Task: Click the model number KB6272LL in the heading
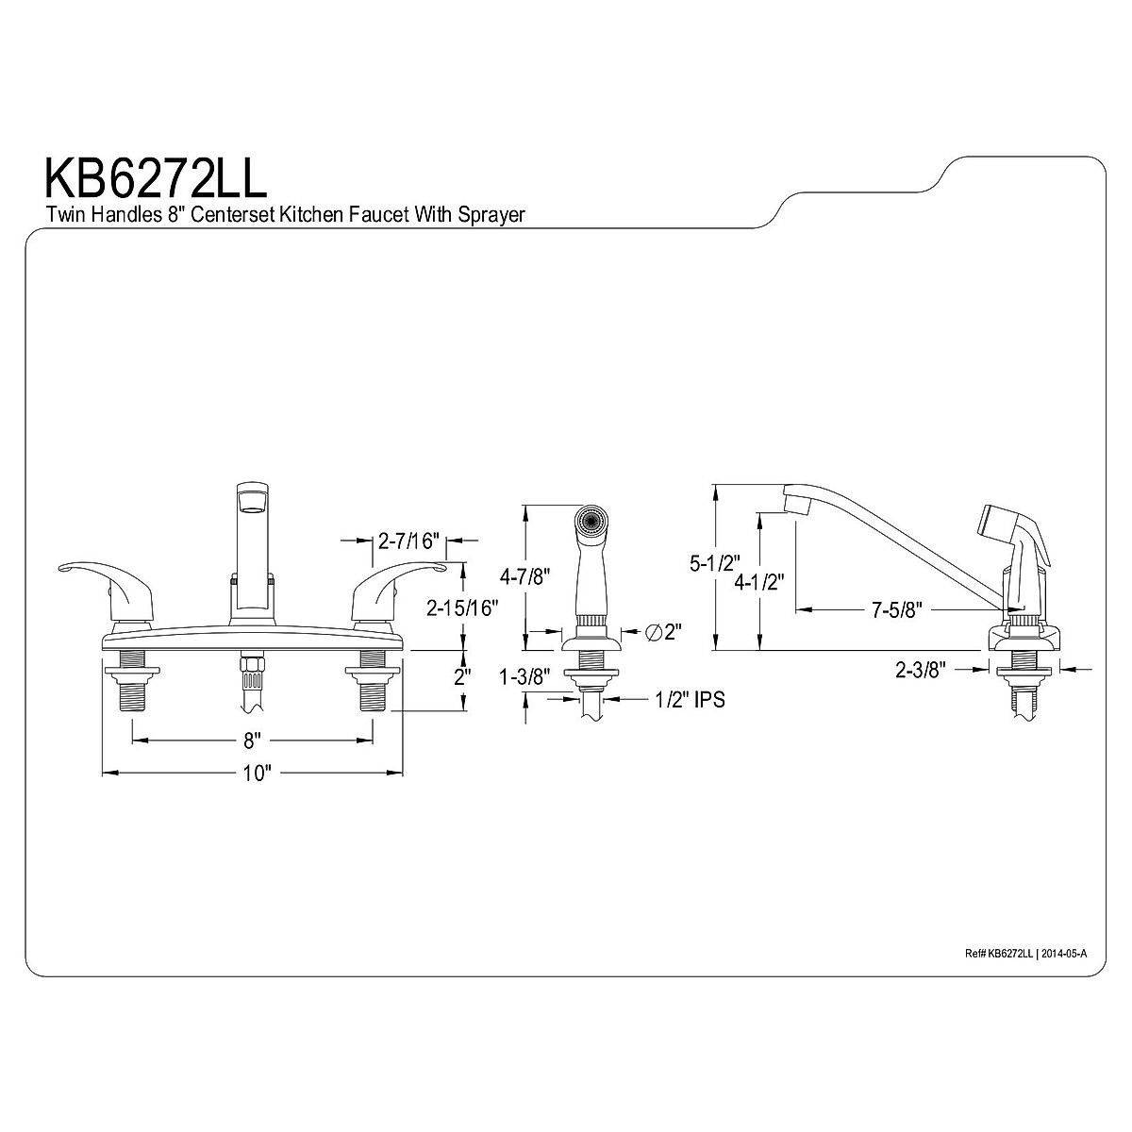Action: point(156,177)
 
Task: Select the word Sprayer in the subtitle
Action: point(491,215)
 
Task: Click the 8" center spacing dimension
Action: point(252,741)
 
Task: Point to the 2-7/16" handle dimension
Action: point(408,541)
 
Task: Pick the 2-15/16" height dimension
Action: point(463,608)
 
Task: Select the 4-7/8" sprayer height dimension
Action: point(525,578)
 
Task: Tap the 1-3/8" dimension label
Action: point(525,677)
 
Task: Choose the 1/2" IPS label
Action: point(691,699)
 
